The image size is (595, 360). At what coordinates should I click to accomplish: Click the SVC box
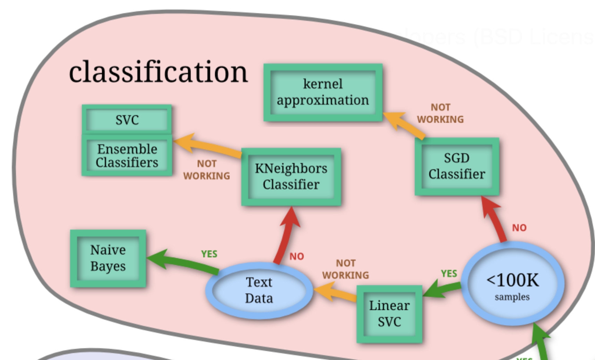(x=127, y=120)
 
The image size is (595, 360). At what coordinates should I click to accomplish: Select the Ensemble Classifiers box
(x=127, y=156)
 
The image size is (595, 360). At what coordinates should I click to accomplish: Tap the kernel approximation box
(x=323, y=92)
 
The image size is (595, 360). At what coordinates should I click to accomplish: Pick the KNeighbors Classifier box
(x=291, y=177)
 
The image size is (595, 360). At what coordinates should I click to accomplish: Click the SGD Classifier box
(x=457, y=166)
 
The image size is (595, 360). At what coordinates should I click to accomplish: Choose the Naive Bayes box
(x=108, y=258)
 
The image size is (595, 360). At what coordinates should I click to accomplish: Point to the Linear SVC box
(x=389, y=314)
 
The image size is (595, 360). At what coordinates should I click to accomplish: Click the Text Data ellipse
(x=259, y=290)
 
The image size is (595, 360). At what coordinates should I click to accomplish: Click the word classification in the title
(x=158, y=72)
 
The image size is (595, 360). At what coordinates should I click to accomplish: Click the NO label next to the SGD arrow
(x=519, y=228)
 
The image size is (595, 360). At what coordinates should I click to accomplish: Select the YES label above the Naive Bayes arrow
(x=209, y=254)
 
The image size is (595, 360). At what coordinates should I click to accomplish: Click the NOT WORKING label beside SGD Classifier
(x=440, y=113)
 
